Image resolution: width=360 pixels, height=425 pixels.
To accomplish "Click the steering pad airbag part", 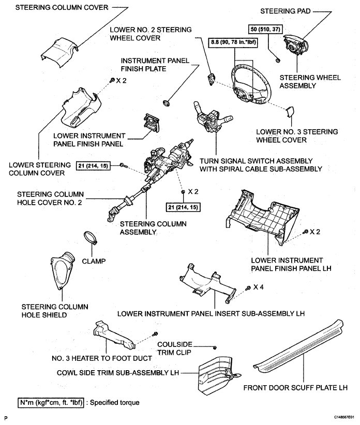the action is [x=295, y=46].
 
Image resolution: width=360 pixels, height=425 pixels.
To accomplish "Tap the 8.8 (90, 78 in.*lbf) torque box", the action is [x=233, y=42].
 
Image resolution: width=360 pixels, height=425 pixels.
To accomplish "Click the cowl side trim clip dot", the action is [x=215, y=347].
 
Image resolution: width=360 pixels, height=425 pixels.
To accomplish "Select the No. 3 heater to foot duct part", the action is [x=114, y=335].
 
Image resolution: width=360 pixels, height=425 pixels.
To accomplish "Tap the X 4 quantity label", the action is [x=258, y=287].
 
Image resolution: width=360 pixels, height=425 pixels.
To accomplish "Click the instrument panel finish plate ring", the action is [x=166, y=103].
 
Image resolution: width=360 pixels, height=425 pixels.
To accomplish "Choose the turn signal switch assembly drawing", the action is [x=213, y=116].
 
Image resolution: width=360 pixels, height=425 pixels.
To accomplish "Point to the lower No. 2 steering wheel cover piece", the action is [x=211, y=79].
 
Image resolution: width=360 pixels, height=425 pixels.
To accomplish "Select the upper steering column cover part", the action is [x=59, y=51].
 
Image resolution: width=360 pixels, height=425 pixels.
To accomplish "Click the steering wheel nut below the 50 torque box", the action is [x=278, y=60].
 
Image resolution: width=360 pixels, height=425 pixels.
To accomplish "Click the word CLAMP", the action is [x=94, y=261].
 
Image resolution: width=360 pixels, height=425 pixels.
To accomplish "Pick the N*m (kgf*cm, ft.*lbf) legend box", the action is [x=51, y=402].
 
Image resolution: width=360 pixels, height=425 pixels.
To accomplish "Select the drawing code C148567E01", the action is [x=344, y=417].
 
